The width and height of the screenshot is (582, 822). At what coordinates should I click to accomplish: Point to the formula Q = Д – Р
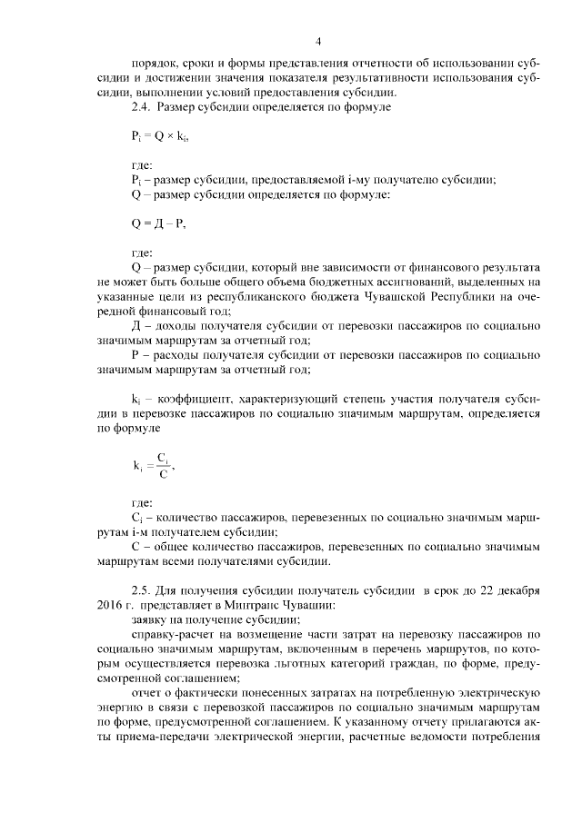coord(158,223)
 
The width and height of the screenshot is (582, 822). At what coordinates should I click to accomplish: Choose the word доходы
coord(178,325)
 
